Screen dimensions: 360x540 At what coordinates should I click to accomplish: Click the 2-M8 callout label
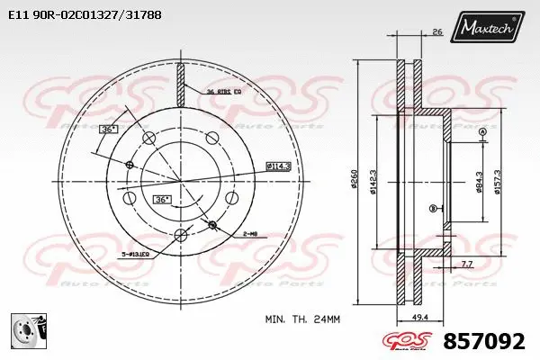pos(249,233)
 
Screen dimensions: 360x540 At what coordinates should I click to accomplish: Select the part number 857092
pos(486,342)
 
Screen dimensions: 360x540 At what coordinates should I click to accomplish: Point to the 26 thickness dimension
pos(436,33)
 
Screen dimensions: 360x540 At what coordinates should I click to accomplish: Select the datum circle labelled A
pos(482,132)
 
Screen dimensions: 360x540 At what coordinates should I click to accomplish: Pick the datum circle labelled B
pos(434,209)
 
